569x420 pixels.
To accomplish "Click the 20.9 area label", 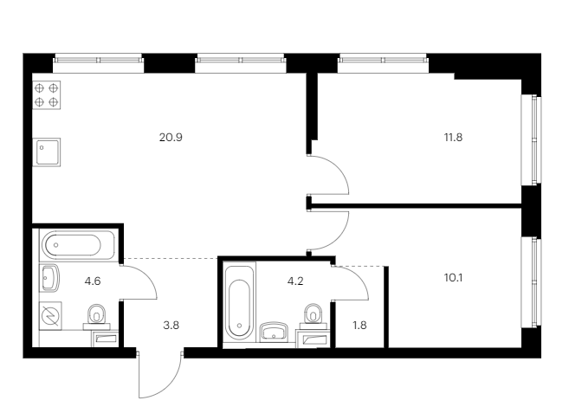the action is pos(171,138).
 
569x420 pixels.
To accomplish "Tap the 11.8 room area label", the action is pos(453,138).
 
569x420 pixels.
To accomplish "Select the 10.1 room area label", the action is pos(453,278).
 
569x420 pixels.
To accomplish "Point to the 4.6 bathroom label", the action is pos(93,281).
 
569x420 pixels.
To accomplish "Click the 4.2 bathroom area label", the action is pos(295,281).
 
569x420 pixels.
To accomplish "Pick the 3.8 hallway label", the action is pos(171,326).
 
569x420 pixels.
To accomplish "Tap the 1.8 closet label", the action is pos(359,326).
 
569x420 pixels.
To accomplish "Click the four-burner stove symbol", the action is pos(47,95).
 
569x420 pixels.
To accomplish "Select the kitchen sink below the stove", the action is pos(47,152).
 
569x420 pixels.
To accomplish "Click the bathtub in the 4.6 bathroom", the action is pos(78,245).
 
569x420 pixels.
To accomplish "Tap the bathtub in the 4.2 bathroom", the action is pos(239,302).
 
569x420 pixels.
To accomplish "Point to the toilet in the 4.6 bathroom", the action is pos(96,316).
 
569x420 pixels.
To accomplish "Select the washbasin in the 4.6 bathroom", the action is pos(49,278).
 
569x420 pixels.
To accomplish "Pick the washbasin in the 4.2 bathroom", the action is pos(274,332).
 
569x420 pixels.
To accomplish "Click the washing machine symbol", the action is pos(50,315).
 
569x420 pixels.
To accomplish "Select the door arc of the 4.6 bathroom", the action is pos(148,275).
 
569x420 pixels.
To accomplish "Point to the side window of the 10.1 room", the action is pos(531,283).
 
